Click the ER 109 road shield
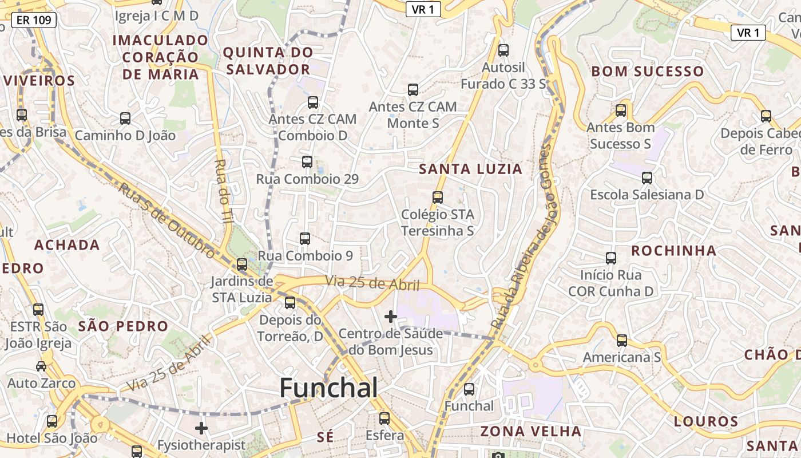click(34, 21)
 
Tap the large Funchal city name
click(328, 389)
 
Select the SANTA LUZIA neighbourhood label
click(470, 169)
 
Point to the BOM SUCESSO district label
click(647, 72)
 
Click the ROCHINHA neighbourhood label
click(673, 251)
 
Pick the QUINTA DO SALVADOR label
click(268, 61)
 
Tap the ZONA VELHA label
click(530, 431)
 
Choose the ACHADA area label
click(67, 245)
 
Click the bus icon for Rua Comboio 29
click(307, 162)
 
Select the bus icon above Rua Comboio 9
click(305, 239)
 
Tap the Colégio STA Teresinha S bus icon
click(438, 198)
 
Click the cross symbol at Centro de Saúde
click(391, 316)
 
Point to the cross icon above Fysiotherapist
click(201, 428)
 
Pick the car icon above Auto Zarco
click(41, 366)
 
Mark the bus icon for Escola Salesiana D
click(647, 178)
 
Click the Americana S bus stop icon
click(622, 341)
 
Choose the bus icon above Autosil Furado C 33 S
click(503, 50)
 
